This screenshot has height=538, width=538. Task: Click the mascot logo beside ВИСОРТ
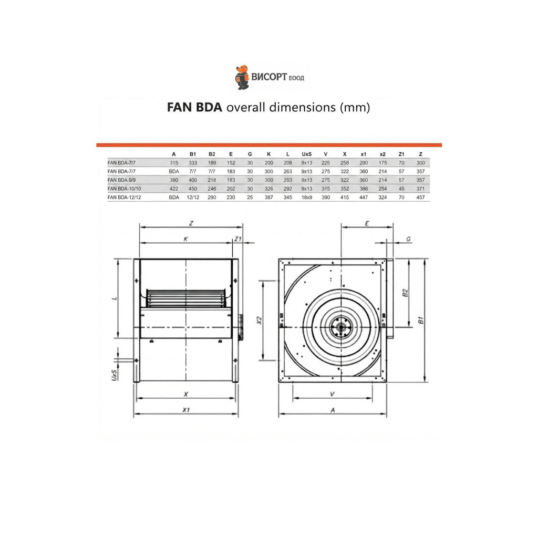pyautogui.click(x=242, y=77)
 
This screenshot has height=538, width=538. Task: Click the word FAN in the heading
pyautogui.click(x=180, y=107)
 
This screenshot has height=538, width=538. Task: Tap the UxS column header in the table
pyautogui.click(x=307, y=154)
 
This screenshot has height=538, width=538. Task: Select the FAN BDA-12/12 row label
pyautogui.click(x=124, y=198)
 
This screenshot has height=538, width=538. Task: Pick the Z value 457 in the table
pyautogui.click(x=420, y=198)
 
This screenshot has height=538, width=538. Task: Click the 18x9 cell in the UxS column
pyautogui.click(x=307, y=198)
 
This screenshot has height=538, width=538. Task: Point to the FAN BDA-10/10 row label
pyautogui.click(x=124, y=189)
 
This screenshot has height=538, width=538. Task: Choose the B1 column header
pyautogui.click(x=193, y=154)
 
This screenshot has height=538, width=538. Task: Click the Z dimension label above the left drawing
pyautogui.click(x=191, y=223)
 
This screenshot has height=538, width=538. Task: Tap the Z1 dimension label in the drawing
pyautogui.click(x=238, y=239)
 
